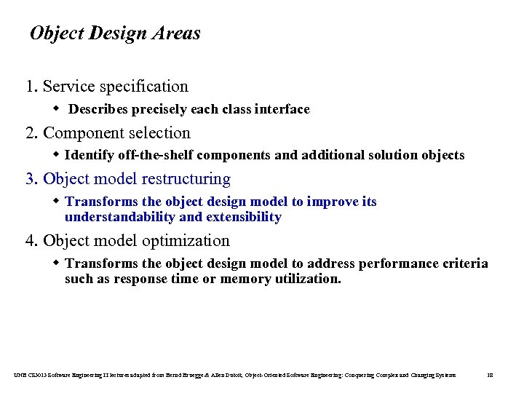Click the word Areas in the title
(x=176, y=33)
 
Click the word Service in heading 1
(x=68, y=87)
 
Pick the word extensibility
(x=244, y=217)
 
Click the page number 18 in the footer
(x=490, y=375)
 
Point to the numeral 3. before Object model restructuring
(x=32, y=179)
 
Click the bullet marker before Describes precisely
(x=57, y=109)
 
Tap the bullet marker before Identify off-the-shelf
(x=57, y=155)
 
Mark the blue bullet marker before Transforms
(x=57, y=202)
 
